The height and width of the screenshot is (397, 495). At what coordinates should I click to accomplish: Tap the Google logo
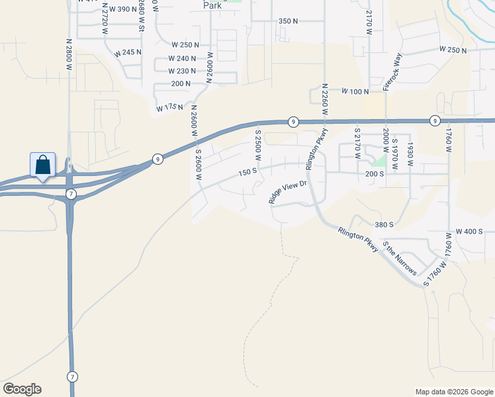coord(22,388)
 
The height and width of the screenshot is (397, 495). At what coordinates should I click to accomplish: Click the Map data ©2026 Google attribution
coord(453,392)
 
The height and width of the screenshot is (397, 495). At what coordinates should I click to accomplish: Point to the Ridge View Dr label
coord(289,192)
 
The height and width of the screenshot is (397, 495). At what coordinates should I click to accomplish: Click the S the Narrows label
coord(400,260)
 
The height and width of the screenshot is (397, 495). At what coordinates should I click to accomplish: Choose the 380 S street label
coord(383,224)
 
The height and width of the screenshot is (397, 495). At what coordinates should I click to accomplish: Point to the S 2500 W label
coord(259,146)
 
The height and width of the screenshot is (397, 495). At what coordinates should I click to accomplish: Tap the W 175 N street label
coord(169,107)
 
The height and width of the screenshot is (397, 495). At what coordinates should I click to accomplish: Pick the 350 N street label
coord(288,21)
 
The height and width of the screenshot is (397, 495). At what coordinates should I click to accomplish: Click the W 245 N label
coord(128,52)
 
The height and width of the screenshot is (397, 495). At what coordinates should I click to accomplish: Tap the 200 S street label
coord(375,173)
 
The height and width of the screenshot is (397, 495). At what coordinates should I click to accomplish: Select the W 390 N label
coord(119,9)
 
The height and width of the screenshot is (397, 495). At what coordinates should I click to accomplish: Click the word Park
coord(212,5)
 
